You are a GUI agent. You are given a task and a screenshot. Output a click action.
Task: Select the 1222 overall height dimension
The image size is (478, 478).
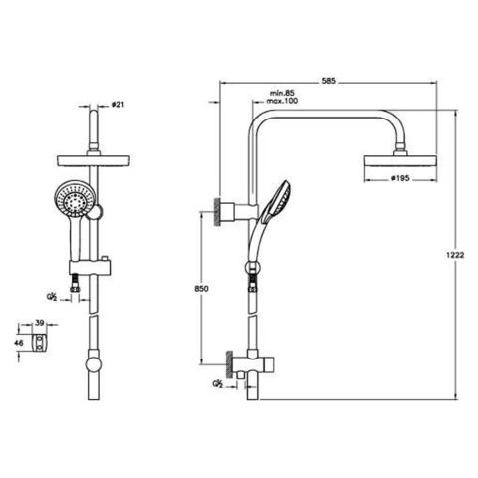[x=455, y=255]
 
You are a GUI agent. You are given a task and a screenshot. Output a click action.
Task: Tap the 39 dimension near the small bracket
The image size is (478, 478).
[x=40, y=323]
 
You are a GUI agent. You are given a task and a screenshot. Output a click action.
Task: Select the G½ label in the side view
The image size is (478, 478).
[x=216, y=382]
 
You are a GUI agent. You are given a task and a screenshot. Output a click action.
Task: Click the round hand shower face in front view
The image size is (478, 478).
[x=74, y=198]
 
